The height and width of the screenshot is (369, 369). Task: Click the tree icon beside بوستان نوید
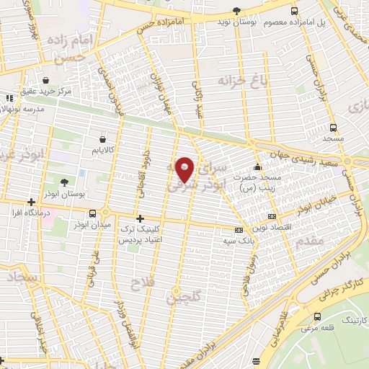click(x=237, y=10)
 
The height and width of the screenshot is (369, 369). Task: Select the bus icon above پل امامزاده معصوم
click(x=294, y=11)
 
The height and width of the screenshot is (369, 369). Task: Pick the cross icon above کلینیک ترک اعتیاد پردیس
click(x=140, y=218)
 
